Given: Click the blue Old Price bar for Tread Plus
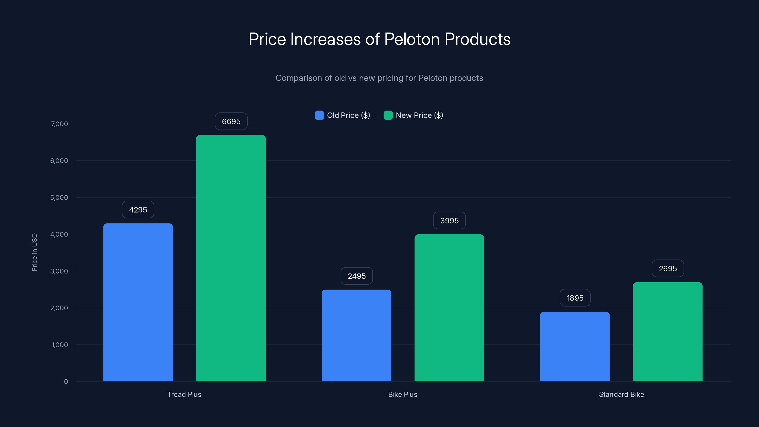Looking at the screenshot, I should pos(138,302).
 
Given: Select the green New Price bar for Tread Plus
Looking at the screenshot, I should pos(231,258).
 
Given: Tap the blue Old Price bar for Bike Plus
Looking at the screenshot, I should pos(356,335).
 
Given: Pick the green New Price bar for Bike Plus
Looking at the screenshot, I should pos(449,308).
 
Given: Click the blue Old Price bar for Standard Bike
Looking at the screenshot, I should pos(574,346).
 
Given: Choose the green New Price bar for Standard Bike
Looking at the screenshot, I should pos(667,332).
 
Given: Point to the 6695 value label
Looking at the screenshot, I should pos(231,121).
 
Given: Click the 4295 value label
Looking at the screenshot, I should pos(138,210).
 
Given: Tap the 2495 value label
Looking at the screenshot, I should pos(356,276).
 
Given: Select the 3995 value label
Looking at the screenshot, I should pos(449,221).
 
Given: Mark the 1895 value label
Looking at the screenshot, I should pos(575,298).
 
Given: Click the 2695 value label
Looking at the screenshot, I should pos(668,269).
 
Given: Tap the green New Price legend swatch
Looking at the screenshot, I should pos(388,115).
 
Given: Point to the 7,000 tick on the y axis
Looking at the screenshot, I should pos(60,124).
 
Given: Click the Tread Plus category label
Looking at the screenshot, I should pos(184,394).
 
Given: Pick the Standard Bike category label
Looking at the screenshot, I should pos(621,394).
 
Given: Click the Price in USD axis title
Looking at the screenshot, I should pos(34,252).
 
